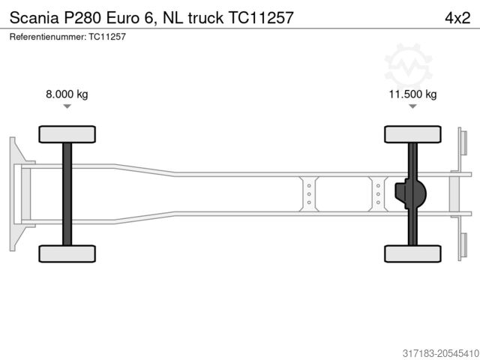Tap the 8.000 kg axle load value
[67, 94]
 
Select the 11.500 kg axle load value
[412, 94]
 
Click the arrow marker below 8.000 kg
[67, 107]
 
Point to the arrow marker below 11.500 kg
[412, 107]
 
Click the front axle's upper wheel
[66, 134]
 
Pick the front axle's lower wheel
[66, 253]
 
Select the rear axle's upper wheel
[412, 134]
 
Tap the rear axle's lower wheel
[412, 253]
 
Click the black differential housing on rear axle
[412, 193]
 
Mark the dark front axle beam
[67, 193]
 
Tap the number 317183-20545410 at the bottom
[430, 350]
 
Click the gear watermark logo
[408, 64]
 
